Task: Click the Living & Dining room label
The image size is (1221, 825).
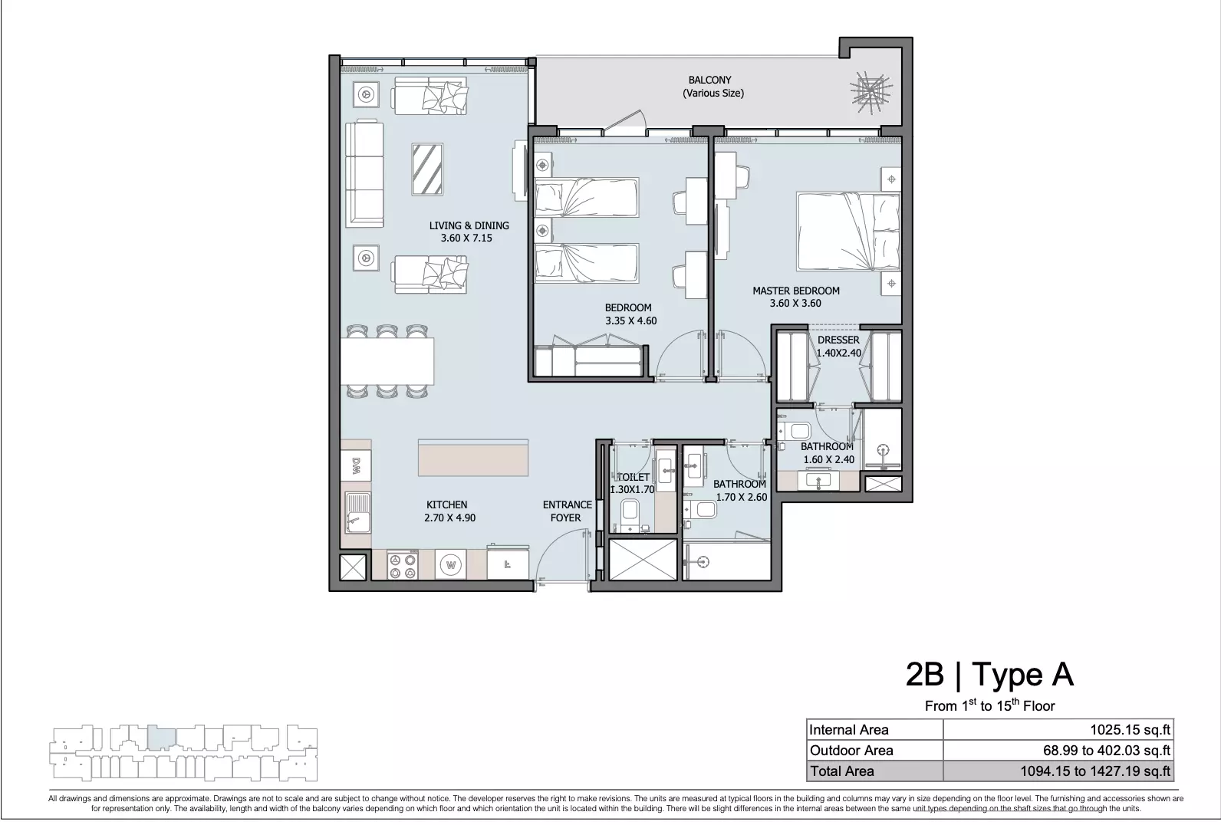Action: [x=469, y=225]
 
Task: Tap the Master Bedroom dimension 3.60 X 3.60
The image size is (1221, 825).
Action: [x=795, y=304]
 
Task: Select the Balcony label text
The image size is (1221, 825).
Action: [x=709, y=80]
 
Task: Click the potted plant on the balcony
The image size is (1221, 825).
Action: [x=871, y=91]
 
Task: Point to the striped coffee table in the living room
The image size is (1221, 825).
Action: [x=427, y=169]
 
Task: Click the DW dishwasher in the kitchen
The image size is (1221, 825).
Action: [x=356, y=466]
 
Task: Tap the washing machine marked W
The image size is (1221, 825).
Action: [x=451, y=564]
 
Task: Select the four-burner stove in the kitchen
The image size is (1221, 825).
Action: [x=403, y=565]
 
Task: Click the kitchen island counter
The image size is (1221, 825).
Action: [x=473, y=458]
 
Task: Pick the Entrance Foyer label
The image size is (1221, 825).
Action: [x=567, y=511]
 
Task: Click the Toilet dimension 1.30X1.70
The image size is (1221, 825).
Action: [x=632, y=489]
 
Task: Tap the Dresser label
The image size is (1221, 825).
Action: [x=838, y=340]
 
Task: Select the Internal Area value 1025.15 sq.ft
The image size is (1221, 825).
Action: [x=1130, y=730]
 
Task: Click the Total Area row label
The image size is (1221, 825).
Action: [x=841, y=771]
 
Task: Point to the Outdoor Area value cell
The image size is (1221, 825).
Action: [x=1058, y=751]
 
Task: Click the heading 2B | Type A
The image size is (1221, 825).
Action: [x=989, y=674]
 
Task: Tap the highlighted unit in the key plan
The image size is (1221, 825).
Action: [x=161, y=738]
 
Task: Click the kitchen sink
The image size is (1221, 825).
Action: [x=357, y=513]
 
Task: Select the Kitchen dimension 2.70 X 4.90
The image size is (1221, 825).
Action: [x=449, y=518]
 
